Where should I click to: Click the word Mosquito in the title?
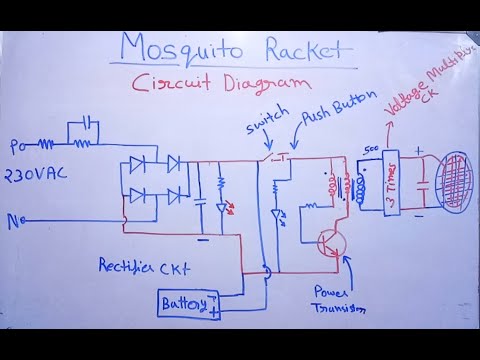pyautogui.click(x=183, y=48)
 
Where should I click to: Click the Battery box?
pyautogui.click(x=188, y=303)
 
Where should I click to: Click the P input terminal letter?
pyautogui.click(x=13, y=148)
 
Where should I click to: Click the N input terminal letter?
pyautogui.click(x=14, y=223)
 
